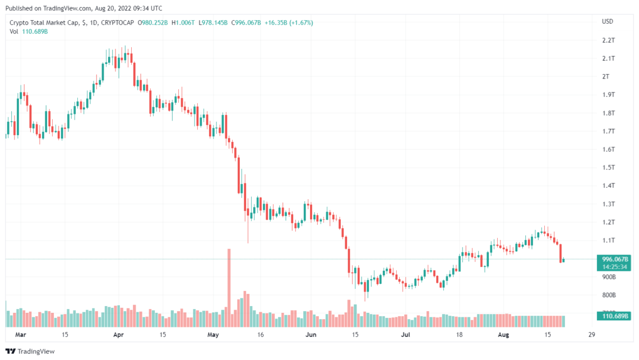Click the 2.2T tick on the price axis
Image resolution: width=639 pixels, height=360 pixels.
point(608,40)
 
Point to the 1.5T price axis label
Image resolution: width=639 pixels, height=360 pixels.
point(608,168)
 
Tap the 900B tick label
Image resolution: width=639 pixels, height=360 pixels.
point(609,277)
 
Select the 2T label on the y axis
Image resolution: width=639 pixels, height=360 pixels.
point(606,77)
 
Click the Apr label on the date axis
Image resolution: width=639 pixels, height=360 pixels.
point(118,335)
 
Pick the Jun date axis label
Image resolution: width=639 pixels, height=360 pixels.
point(311,335)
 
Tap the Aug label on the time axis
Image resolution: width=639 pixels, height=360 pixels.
point(504,335)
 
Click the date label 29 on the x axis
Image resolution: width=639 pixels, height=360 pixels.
point(592,335)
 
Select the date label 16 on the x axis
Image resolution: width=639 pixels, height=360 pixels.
point(261,335)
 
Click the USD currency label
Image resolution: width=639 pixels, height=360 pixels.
point(607,22)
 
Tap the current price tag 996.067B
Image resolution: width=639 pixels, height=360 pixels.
point(615,259)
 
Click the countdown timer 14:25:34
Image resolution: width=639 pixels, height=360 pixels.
point(614,267)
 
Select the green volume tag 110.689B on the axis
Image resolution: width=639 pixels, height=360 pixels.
point(614,316)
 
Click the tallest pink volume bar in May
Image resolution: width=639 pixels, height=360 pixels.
point(229,288)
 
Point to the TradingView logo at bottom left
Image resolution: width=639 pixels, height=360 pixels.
point(30,352)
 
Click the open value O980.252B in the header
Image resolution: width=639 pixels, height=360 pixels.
point(152,23)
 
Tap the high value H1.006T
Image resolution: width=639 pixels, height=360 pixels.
point(183,23)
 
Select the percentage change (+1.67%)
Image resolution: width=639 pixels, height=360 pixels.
point(301,23)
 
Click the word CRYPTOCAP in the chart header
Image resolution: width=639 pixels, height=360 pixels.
point(117,23)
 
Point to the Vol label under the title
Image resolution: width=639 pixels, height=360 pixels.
point(14,32)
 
